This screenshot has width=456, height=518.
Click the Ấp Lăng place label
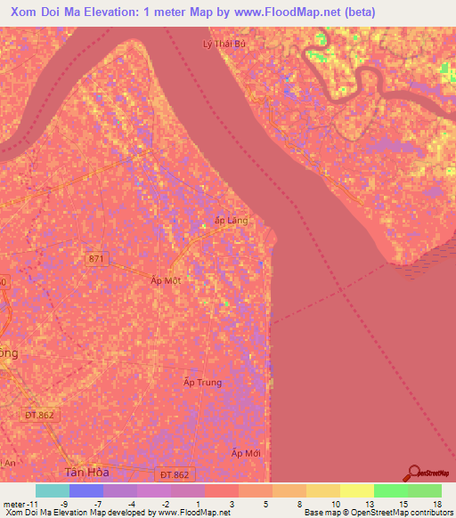[x=232, y=220]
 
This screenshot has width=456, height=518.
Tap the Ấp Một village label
[x=166, y=279]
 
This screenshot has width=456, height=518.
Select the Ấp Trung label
[x=202, y=383]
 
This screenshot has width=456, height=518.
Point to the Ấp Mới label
[x=246, y=454]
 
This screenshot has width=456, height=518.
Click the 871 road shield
[x=97, y=258]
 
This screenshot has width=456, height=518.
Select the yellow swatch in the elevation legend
[x=357, y=490]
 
